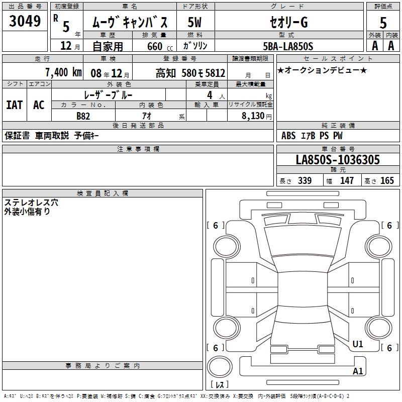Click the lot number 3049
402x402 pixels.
(25, 21)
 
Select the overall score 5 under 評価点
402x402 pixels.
(383, 23)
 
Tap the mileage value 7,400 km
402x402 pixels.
(63, 72)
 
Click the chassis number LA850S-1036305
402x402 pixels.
(338, 159)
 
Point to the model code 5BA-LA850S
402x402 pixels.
(288, 46)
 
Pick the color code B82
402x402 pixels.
(83, 116)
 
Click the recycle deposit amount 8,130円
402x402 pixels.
(257, 116)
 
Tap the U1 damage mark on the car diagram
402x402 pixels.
(358, 344)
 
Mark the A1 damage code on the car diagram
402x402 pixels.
(358, 371)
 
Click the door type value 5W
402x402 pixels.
(194, 22)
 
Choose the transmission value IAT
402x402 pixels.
(15, 105)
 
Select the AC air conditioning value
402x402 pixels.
(39, 105)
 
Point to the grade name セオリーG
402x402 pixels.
(288, 22)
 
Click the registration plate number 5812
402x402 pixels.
(215, 73)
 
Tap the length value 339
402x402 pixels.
(305, 180)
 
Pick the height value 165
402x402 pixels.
(387, 180)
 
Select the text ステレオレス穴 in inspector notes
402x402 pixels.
(31, 203)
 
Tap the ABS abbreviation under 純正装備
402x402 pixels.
(288, 136)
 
